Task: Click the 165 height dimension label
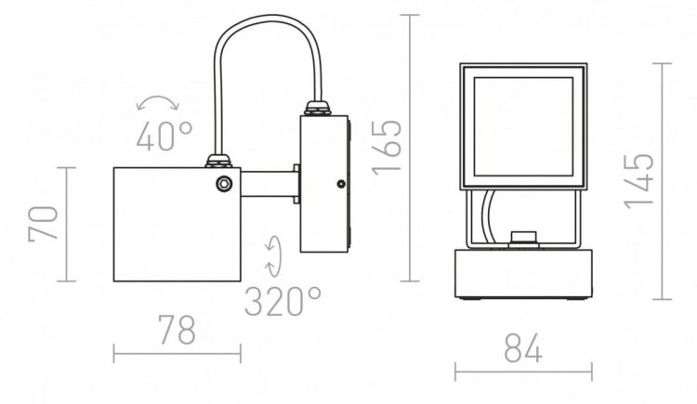click(386, 147)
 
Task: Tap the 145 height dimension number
click(638, 181)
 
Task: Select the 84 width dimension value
click(523, 347)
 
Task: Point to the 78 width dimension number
click(177, 330)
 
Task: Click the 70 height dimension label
click(43, 224)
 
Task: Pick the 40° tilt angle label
click(164, 135)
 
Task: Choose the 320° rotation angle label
click(283, 301)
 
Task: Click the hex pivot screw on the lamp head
click(225, 184)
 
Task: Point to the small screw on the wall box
click(341, 184)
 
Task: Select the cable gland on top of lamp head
click(218, 161)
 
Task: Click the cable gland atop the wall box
click(317, 109)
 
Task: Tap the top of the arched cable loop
click(267, 18)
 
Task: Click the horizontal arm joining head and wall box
click(270, 184)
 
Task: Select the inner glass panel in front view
click(523, 126)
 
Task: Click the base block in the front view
click(523, 274)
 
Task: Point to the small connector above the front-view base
click(523, 239)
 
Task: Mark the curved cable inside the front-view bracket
click(488, 215)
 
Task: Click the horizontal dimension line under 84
click(523, 371)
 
